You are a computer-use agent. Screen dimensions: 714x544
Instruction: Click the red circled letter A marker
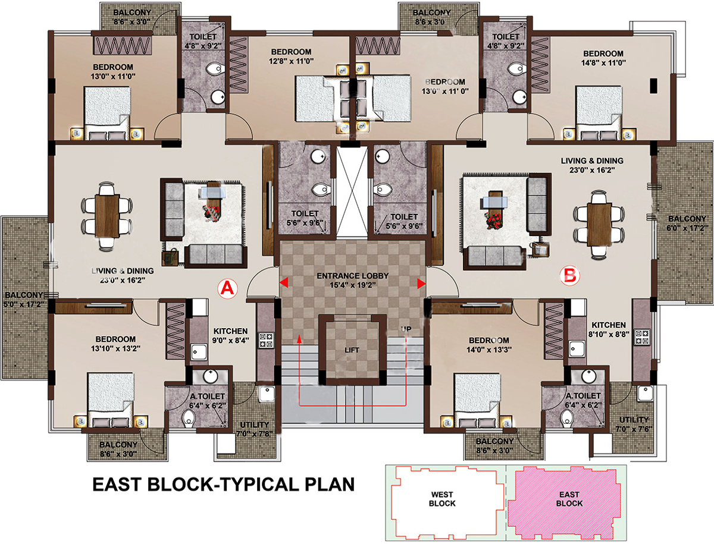coord(227,288)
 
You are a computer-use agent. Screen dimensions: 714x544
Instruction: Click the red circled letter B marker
coord(570,276)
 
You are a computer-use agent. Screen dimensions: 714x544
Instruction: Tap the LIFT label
coord(352,350)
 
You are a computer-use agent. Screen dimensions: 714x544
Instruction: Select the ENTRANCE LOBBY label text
coord(353,276)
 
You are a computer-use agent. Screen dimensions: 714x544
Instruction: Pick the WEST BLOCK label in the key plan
coord(442,499)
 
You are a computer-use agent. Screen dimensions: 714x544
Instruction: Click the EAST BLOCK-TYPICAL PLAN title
coord(224,484)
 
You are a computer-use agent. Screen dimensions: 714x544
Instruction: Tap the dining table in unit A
coord(107,216)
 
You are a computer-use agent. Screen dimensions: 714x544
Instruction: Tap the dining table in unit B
coord(599,224)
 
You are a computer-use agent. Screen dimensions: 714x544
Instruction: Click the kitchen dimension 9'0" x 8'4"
coord(231,340)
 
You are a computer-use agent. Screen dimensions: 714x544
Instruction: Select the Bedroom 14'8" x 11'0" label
coord(603,58)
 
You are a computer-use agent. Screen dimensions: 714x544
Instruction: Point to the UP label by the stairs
coord(406,329)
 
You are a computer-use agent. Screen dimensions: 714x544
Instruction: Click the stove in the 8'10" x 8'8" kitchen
coord(643,337)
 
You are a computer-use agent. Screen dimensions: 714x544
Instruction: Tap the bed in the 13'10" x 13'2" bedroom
coord(111,400)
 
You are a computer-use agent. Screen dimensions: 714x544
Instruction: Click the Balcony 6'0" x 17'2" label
coord(687,224)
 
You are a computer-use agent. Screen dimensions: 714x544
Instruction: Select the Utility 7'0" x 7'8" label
coord(255,429)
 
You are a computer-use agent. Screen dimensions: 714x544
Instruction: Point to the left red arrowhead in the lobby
coord(284,282)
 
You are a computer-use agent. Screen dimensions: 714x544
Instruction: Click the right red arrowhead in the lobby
coord(422,284)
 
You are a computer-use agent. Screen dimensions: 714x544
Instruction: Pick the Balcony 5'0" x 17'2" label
coord(24,300)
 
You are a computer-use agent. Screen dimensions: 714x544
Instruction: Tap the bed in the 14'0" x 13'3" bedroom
coord(477,400)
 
